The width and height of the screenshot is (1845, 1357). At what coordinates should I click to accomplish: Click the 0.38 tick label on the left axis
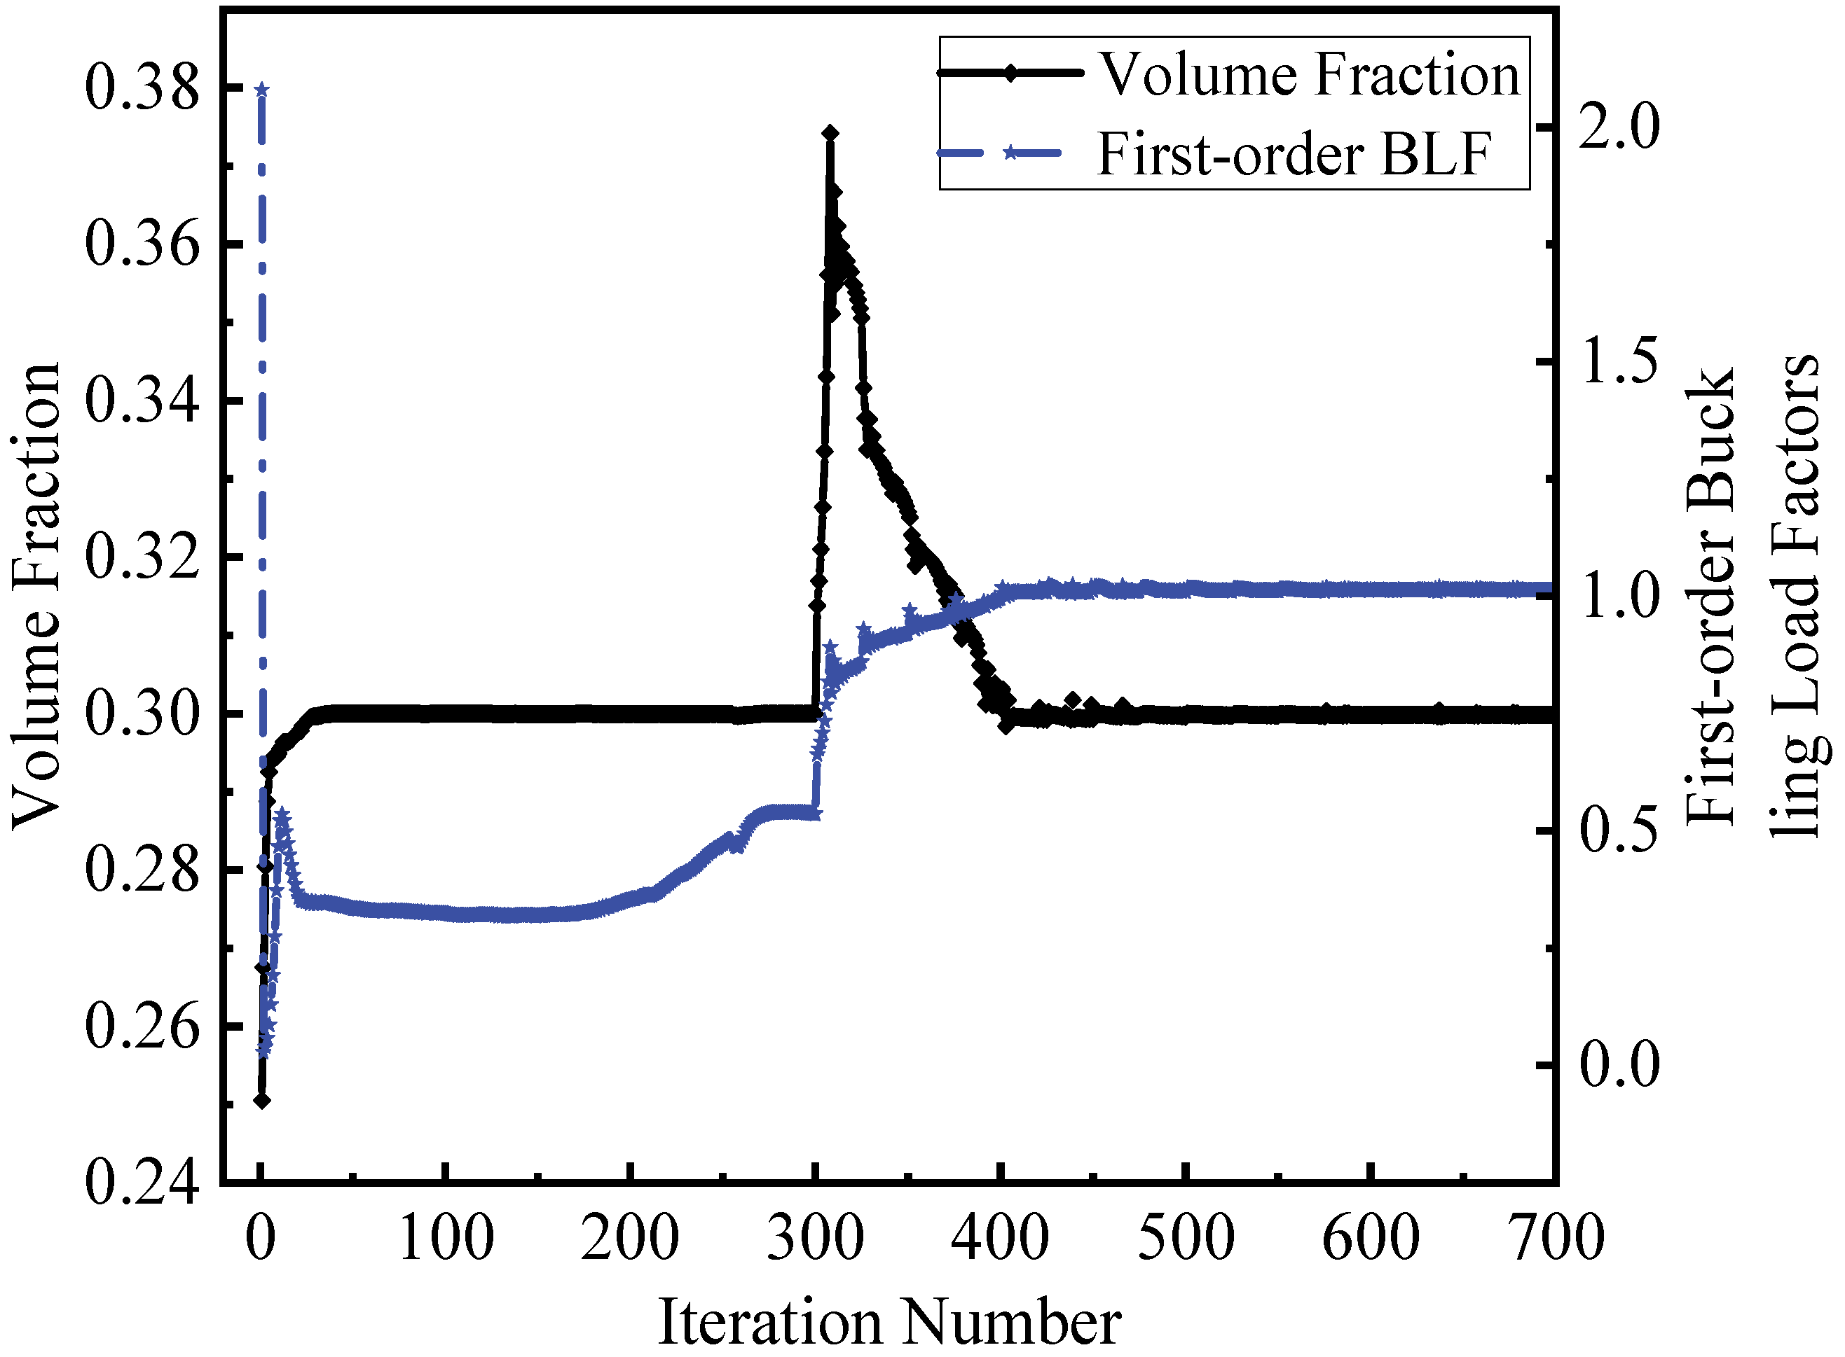point(142,89)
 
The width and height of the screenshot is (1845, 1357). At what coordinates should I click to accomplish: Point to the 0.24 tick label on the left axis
point(142,1183)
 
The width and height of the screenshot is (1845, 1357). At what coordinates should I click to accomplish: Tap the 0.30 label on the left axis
point(142,714)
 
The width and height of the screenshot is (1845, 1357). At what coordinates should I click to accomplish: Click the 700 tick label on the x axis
point(1556,1238)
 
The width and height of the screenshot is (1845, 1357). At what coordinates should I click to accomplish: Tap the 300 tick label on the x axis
point(814,1238)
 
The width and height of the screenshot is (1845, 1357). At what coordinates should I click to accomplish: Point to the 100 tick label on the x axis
point(445,1238)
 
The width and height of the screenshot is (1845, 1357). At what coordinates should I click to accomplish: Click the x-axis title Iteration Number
point(889,1323)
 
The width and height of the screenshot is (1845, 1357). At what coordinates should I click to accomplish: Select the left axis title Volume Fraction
point(36,596)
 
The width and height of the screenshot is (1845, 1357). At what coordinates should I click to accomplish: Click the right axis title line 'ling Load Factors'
point(1798,596)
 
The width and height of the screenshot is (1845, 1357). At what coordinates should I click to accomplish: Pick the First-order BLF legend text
point(1294,153)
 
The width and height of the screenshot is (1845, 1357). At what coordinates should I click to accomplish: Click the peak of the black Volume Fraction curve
point(830,133)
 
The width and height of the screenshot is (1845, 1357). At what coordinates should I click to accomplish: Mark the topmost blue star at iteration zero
point(262,90)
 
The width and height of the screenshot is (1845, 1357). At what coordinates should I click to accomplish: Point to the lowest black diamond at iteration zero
point(262,1100)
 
